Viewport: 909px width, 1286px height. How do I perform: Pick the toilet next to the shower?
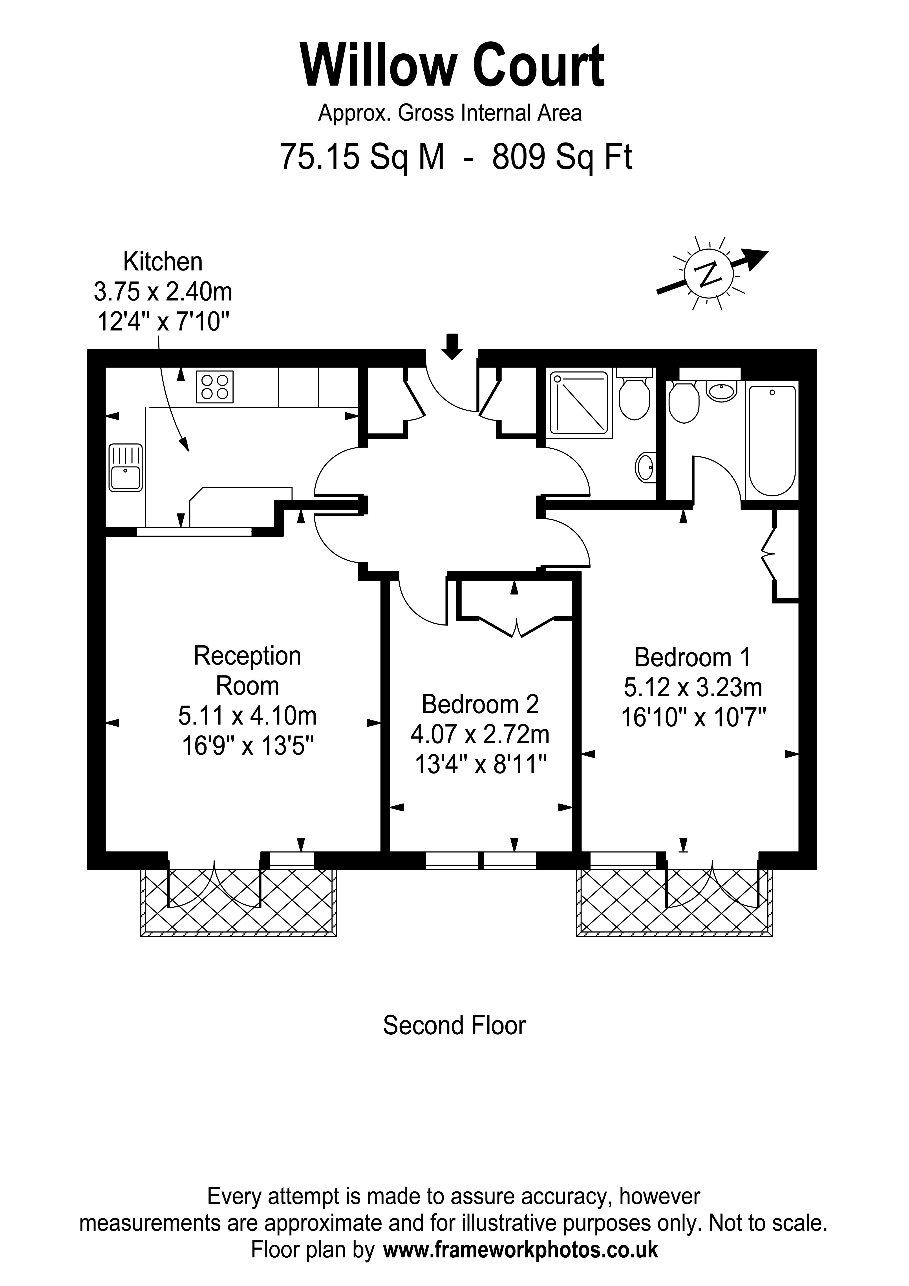click(635, 399)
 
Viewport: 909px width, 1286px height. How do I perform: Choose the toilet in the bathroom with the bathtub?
click(684, 402)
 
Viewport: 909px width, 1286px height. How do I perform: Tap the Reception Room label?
click(248, 670)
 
